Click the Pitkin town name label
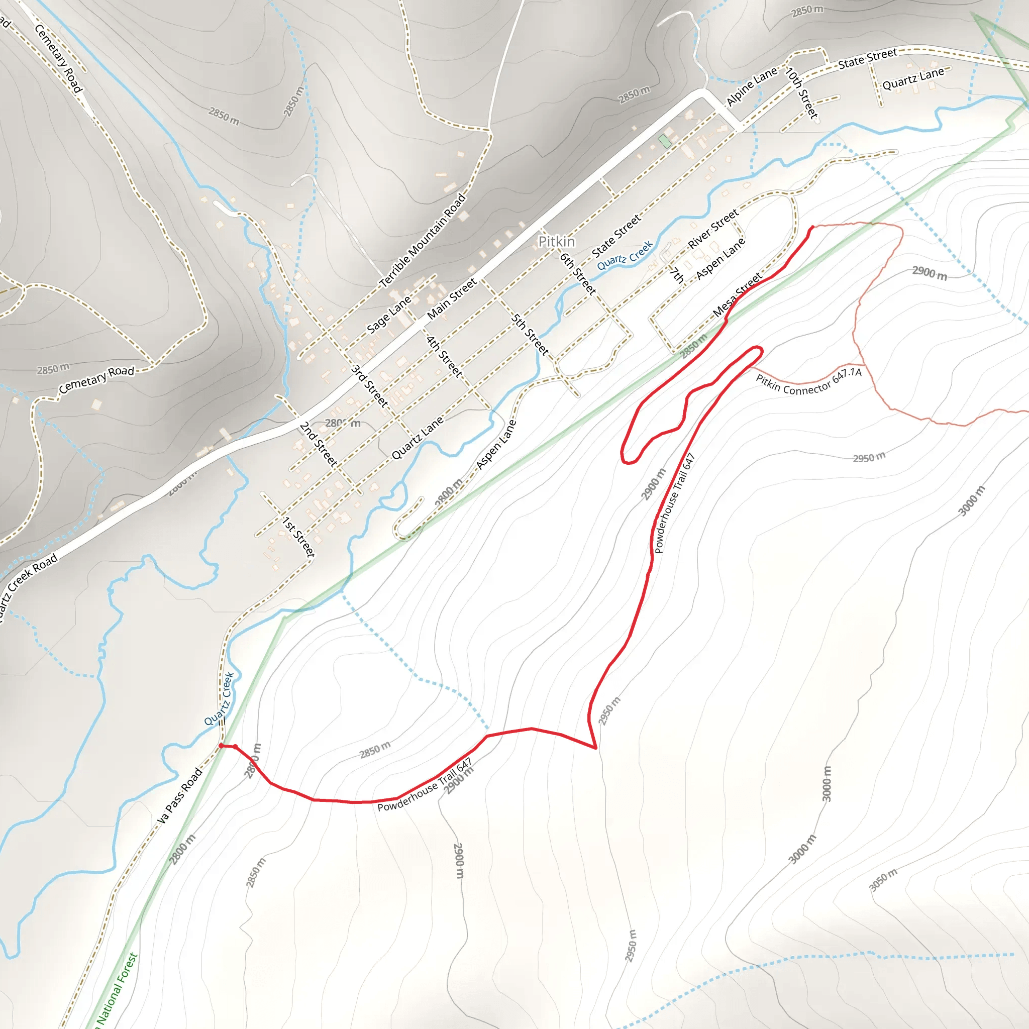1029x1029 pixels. [x=557, y=242]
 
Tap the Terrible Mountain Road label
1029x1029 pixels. [x=423, y=241]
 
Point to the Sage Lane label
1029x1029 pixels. [x=389, y=314]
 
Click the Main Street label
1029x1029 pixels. [x=452, y=299]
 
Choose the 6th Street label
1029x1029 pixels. [x=577, y=274]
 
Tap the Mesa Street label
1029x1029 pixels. [x=737, y=294]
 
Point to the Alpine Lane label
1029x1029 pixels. [x=752, y=86]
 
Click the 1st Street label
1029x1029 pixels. [x=298, y=537]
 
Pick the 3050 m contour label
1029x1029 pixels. [x=883, y=879]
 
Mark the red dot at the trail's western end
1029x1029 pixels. [x=221, y=746]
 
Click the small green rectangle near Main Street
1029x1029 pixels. [x=664, y=141]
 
